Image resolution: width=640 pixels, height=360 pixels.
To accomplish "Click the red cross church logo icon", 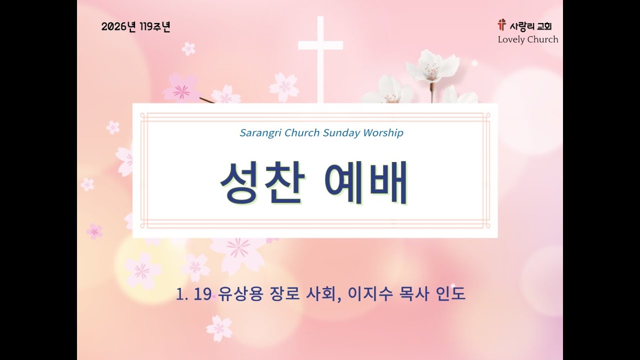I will pyautogui.click(x=501, y=24).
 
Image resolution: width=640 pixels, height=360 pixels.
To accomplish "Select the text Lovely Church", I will pyautogui.click(x=527, y=39).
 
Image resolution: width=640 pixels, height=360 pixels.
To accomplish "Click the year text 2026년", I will pyautogui.click(x=118, y=27).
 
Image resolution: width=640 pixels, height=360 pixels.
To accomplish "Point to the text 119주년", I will pyautogui.click(x=155, y=27).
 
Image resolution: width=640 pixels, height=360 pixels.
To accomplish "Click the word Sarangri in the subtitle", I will pyautogui.click(x=260, y=133).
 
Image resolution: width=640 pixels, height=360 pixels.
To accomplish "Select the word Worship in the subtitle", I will pyautogui.click(x=383, y=133).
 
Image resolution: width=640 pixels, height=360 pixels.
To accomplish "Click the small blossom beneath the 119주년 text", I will pyautogui.click(x=188, y=48).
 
